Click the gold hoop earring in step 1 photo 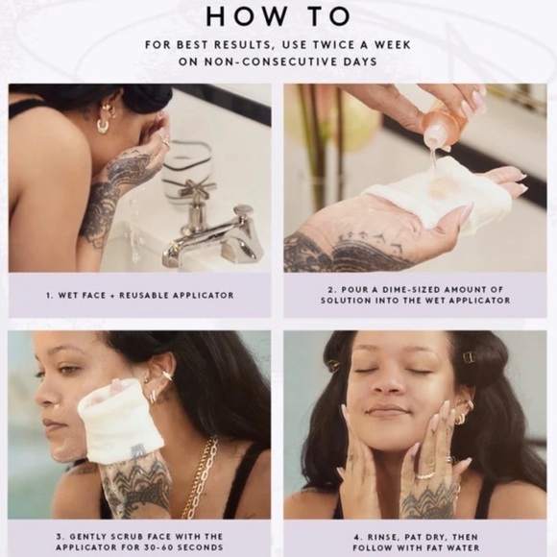(x=104, y=125)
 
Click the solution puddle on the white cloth (x=441, y=185)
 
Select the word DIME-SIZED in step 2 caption (x=402, y=289)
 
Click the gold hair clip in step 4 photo (x=469, y=356)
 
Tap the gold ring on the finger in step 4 (x=425, y=476)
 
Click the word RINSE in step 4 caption (x=381, y=537)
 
